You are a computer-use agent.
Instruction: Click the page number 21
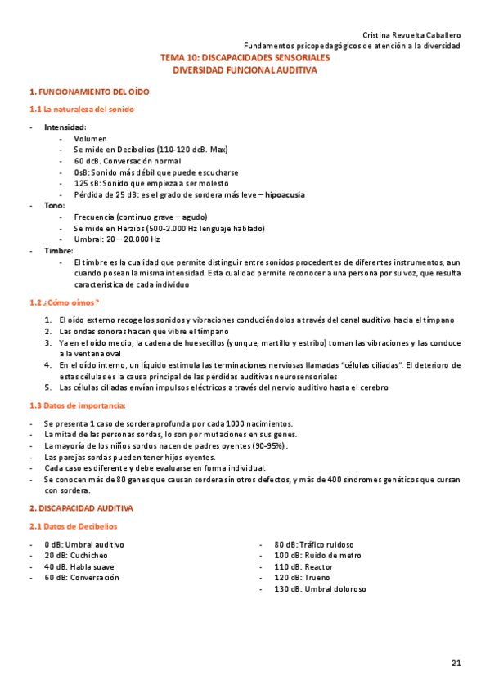pos(456,662)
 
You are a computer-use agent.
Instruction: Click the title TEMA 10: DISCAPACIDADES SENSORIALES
pos(245,59)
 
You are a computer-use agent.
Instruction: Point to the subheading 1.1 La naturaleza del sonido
pos(82,110)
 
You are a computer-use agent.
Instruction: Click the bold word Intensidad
pos(65,127)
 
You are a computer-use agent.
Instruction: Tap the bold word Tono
pos(54,206)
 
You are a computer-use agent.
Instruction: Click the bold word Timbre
pos(58,251)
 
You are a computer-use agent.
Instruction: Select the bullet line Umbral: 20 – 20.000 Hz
pos(116,239)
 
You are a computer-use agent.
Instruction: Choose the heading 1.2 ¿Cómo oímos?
pos(64,302)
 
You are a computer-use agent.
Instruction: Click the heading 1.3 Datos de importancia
pos(78,405)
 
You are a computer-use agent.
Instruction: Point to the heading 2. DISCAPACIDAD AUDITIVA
pos(81,508)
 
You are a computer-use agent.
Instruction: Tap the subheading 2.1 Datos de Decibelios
pos(73,526)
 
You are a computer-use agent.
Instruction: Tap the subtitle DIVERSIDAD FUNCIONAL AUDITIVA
pos(245,70)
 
